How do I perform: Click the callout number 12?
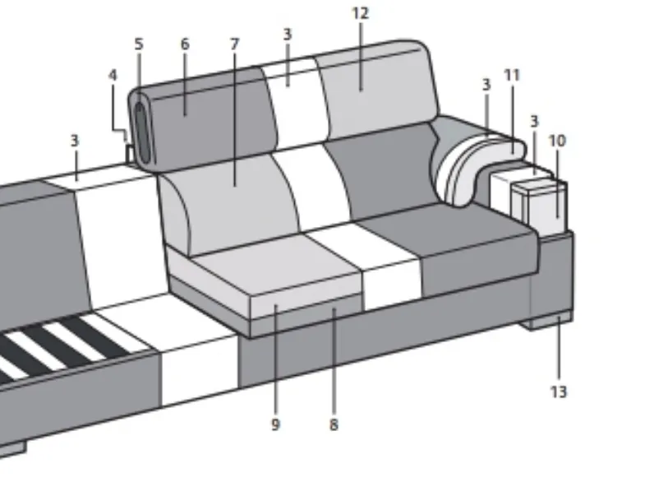coord(361,13)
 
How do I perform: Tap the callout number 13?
coord(559,392)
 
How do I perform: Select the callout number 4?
coord(113,75)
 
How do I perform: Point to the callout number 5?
coord(139,44)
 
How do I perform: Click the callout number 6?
coord(185,44)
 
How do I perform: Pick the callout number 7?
coord(234,44)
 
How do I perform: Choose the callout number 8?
coord(334,425)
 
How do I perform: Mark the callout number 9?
coord(275,425)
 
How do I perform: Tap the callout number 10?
coord(558,141)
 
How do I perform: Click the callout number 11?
coord(512,76)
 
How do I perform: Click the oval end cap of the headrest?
coord(142,132)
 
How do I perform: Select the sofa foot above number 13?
coord(546,321)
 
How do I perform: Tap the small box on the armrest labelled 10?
coord(539,206)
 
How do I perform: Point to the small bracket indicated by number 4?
coord(129,154)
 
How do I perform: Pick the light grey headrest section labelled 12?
coord(375,90)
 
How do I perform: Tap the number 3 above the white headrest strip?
coord(288,35)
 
